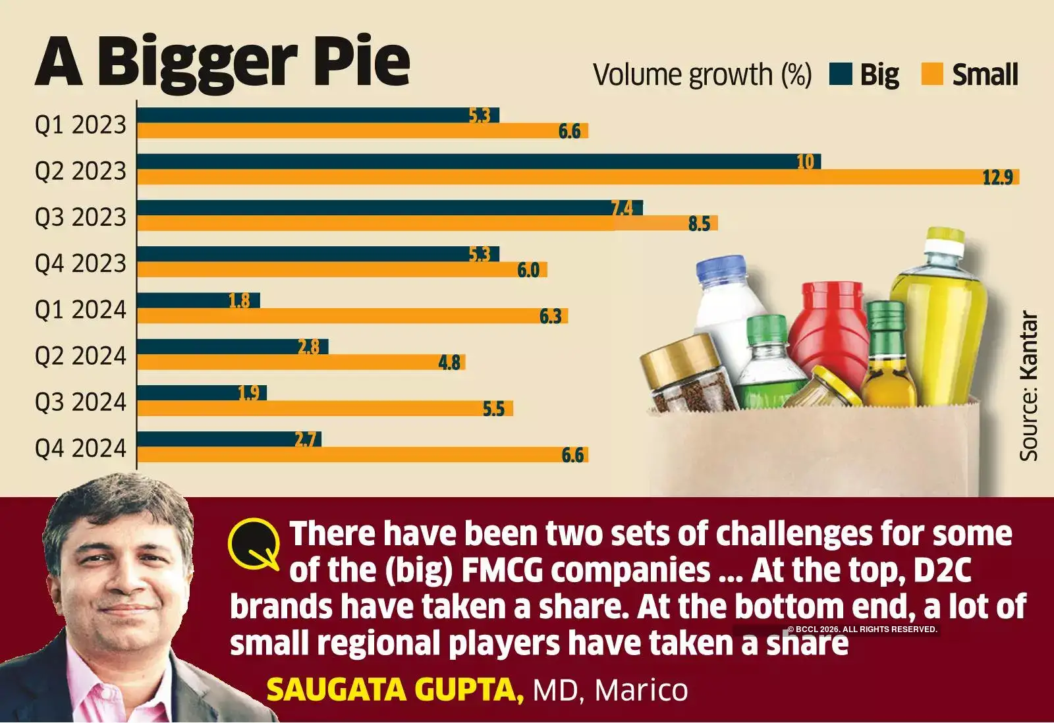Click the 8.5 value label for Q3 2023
699,224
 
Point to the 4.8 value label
449,363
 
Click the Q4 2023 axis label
80,263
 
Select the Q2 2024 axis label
80,356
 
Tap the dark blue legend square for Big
841,74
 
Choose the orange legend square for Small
932,74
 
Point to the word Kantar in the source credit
1028,346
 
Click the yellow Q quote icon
254,544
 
